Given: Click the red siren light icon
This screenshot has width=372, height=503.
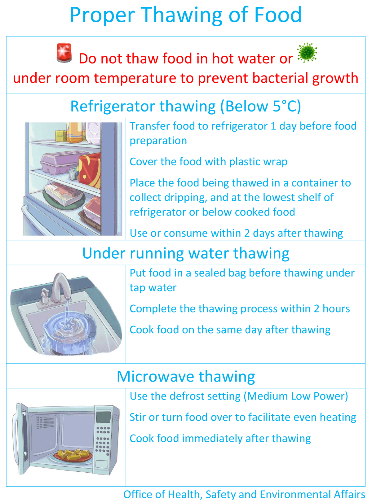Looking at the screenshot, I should [x=64, y=53].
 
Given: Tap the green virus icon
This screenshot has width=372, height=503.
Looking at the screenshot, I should [x=307, y=53].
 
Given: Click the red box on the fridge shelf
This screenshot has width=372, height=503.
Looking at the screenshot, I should [x=90, y=170].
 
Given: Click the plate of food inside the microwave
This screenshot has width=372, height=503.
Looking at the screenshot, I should [x=73, y=455].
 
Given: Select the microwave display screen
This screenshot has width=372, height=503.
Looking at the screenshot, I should [x=103, y=417].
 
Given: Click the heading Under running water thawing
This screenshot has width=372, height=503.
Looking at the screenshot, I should [x=186, y=253].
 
